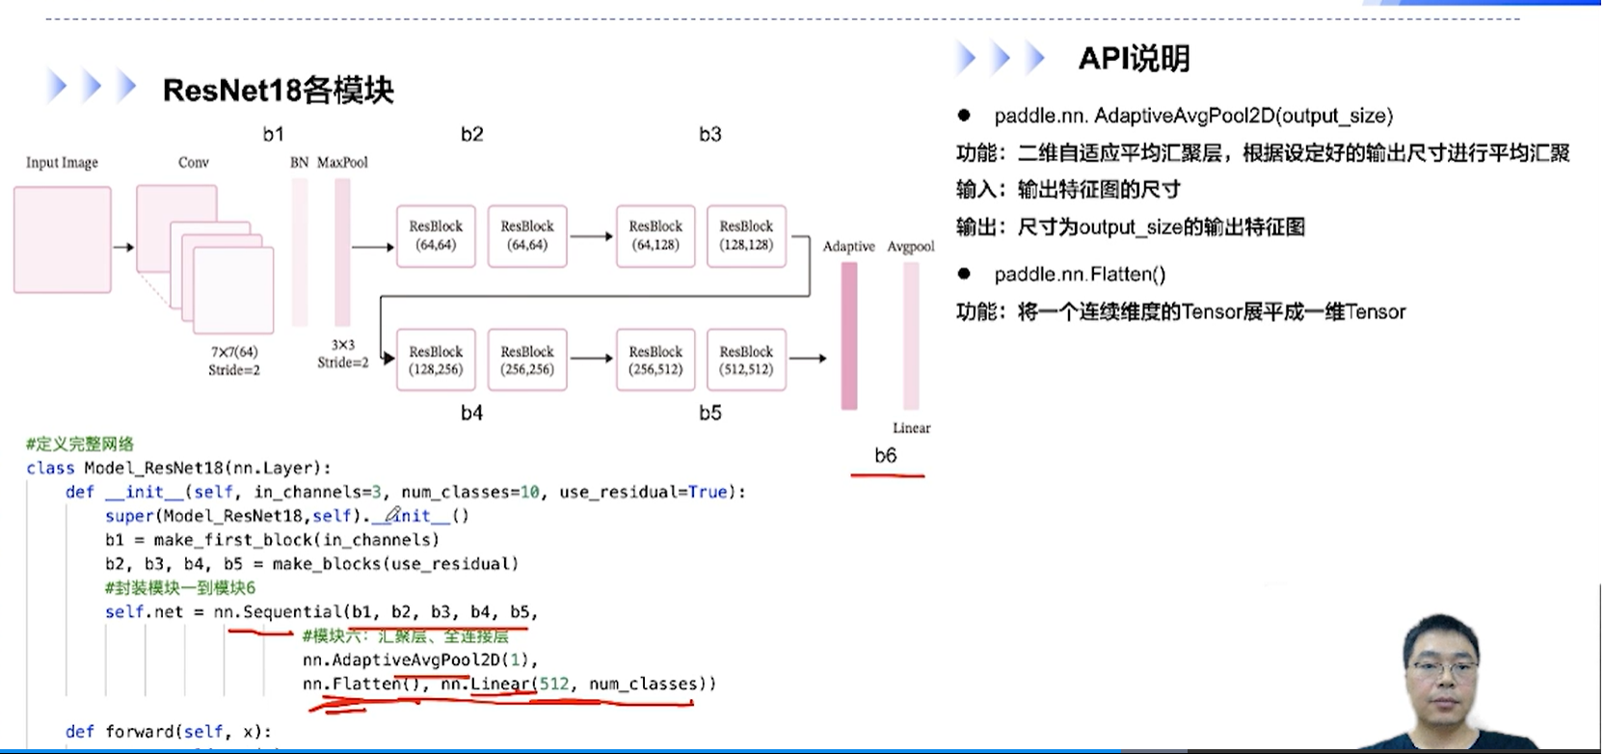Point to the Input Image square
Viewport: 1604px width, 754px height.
click(x=63, y=240)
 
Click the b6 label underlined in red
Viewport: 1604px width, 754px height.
click(x=886, y=456)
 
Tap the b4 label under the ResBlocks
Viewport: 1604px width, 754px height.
click(x=471, y=414)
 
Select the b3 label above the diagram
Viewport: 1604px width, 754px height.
click(x=710, y=135)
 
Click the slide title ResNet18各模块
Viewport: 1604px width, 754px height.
click(x=278, y=91)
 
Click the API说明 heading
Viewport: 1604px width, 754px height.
click(x=1134, y=59)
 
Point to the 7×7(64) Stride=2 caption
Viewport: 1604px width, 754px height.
click(x=234, y=361)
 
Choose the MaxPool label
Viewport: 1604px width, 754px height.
click(x=343, y=162)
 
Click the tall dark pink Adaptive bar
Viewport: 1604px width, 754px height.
click(x=849, y=336)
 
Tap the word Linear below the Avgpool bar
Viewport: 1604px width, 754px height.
click(x=911, y=428)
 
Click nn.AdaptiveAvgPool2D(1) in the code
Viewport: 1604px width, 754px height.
click(x=419, y=660)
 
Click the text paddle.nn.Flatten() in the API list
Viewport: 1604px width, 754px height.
click(x=1080, y=275)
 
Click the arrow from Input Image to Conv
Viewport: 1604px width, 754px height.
click(x=123, y=248)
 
